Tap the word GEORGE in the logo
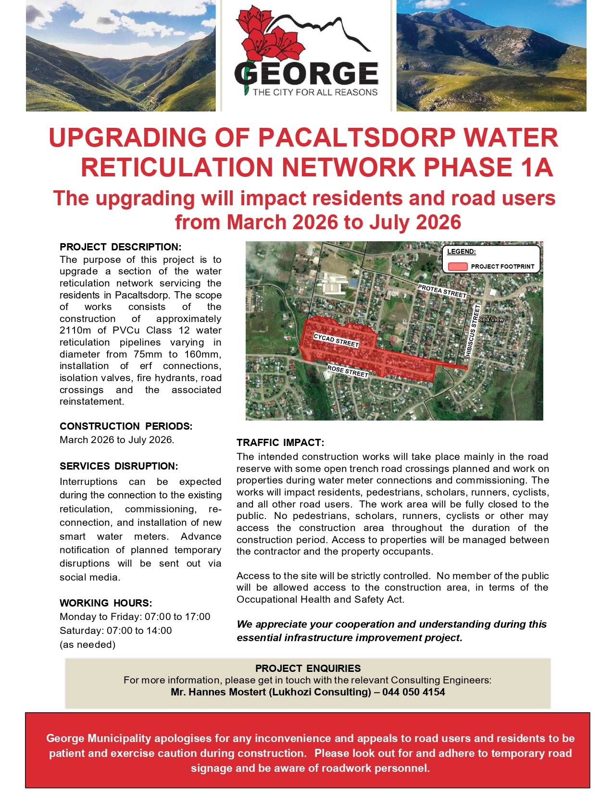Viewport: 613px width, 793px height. (x=306, y=74)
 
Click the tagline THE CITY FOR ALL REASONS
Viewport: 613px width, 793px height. (x=315, y=92)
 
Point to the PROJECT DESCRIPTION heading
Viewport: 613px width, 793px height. (x=120, y=247)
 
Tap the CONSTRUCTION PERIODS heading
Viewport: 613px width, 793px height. (x=126, y=426)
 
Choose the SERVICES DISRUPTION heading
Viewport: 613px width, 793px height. (x=119, y=466)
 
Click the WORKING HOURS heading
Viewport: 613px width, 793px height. (x=106, y=603)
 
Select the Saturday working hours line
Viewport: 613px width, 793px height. (x=115, y=631)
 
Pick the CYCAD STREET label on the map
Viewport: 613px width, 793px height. (x=336, y=340)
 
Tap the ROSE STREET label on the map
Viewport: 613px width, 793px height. (x=348, y=371)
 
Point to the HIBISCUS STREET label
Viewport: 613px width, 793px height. (x=473, y=330)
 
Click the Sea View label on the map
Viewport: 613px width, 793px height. (x=491, y=319)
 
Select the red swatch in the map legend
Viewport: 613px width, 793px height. (x=457, y=266)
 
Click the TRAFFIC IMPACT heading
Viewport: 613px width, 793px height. (x=280, y=443)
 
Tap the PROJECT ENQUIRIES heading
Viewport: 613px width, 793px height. (x=308, y=669)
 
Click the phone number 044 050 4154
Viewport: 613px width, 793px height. (x=413, y=692)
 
